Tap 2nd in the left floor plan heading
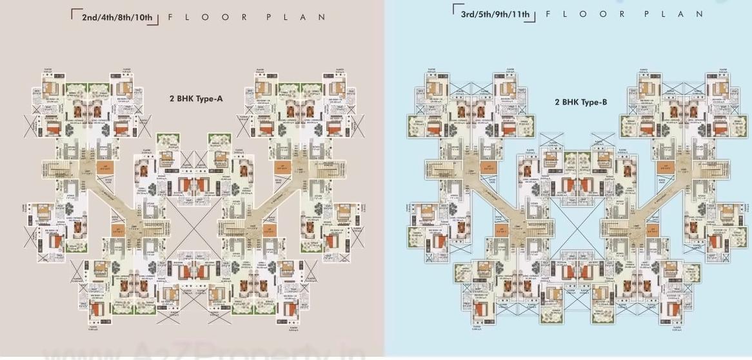click(x=90, y=17)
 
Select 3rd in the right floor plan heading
click(x=468, y=14)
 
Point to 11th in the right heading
click(x=523, y=14)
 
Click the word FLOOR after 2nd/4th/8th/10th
click(x=205, y=17)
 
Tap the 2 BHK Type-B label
click(x=580, y=102)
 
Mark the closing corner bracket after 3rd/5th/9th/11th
click(x=533, y=18)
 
